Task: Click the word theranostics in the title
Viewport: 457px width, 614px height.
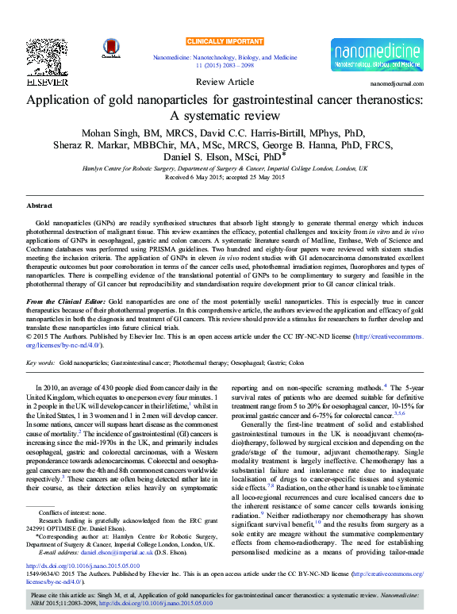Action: pos(386,101)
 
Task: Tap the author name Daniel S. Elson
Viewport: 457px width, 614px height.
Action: pos(208,158)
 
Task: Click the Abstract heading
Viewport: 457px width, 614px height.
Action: pos(40,205)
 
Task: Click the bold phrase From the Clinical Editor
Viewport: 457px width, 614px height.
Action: pos(66,303)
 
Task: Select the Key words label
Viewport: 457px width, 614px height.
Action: pos(40,363)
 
